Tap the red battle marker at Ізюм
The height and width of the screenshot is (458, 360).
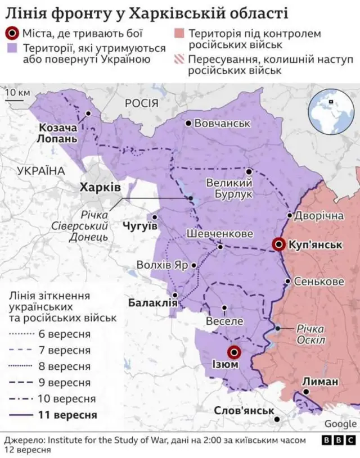coord(235,352)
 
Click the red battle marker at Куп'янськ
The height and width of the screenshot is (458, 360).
coord(278,244)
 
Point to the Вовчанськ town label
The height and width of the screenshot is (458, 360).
coord(222,123)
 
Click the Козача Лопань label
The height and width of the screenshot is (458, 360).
coord(58,133)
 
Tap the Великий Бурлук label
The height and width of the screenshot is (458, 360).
coord(228,189)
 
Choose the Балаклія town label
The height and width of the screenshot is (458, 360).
coord(152,303)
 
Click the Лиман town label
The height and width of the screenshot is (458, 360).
coord(320,382)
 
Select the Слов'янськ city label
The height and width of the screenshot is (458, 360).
coord(243,410)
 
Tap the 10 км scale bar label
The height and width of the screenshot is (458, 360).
coord(17,93)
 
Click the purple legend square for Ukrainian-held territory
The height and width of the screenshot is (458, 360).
coord(11,48)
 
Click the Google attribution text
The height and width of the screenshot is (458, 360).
coord(340,424)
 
